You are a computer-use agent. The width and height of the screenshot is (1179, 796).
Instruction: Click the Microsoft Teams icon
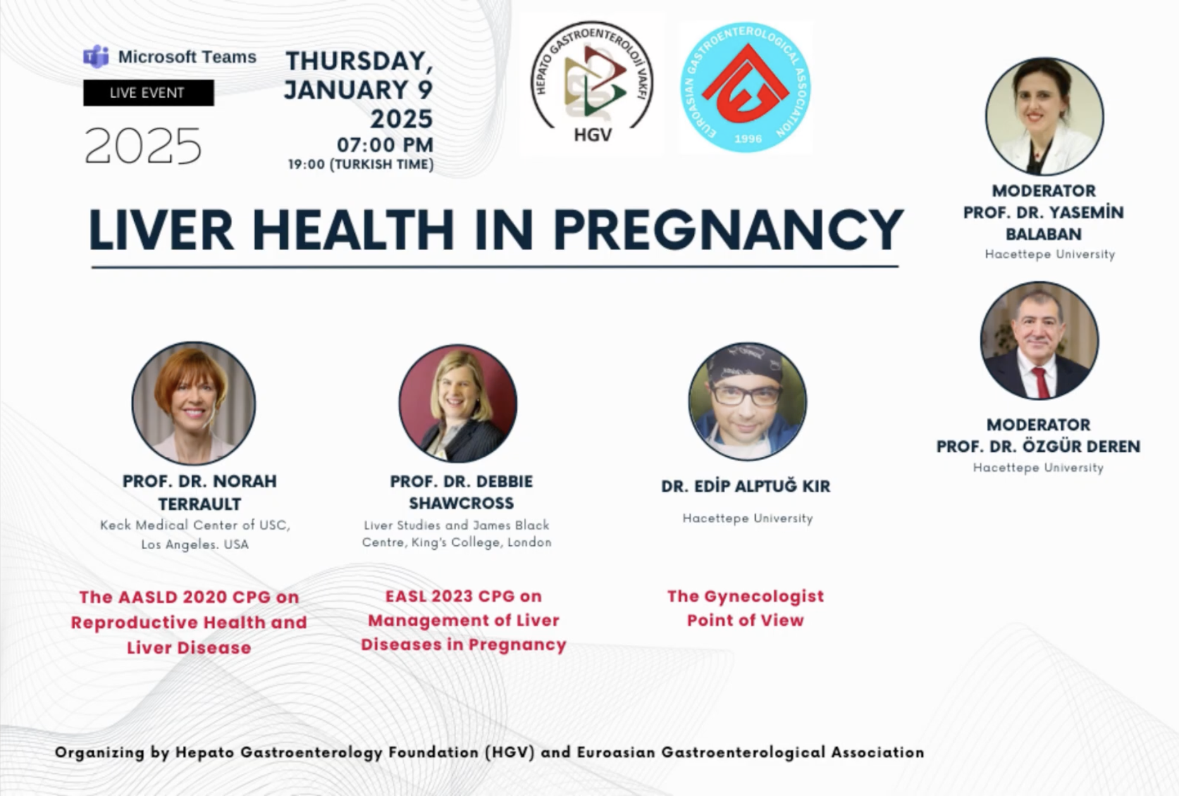pos(96,57)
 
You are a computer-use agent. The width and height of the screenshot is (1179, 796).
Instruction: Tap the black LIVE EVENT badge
pos(149,93)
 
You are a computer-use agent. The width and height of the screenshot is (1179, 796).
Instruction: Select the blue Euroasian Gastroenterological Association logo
pos(746,88)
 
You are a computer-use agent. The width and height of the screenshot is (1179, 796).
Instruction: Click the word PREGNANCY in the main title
pos(728,230)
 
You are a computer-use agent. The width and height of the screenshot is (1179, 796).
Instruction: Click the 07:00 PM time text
pos(385,145)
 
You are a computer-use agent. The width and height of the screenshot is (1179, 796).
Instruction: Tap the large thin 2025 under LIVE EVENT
pos(143,146)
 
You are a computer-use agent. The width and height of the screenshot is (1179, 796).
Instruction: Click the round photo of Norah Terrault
pos(194,403)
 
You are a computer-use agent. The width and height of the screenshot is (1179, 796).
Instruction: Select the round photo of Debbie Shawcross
pos(458,403)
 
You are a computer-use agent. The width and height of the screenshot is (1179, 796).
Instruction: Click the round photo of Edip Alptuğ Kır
pos(748,401)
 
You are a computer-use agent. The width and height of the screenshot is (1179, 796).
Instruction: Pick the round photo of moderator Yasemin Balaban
pos(1044,116)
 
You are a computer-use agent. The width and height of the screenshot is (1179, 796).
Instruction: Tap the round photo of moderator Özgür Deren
pos(1039,340)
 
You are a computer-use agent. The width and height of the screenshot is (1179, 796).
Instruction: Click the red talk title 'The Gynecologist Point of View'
pos(746,608)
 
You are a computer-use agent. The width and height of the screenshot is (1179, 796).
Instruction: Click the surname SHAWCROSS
pos(461,503)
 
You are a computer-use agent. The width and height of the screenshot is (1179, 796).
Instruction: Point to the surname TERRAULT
pos(200,504)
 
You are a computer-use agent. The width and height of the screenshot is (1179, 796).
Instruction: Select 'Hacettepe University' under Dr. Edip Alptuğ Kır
pos(748,518)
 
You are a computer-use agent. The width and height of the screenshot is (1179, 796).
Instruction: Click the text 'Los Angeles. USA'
pos(195,544)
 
